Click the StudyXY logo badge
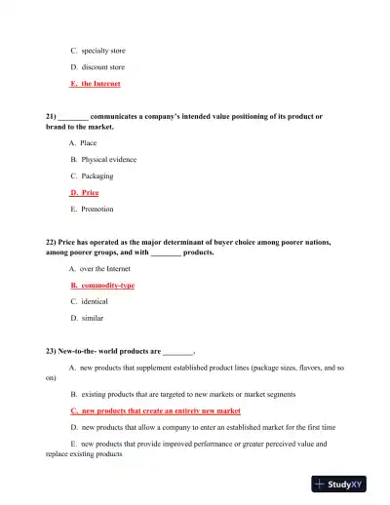tap(345, 483)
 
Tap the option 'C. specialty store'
tap(97, 50)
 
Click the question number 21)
tap(52, 117)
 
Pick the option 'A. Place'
tap(83, 143)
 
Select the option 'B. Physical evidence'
tap(103, 160)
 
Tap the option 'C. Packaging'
tap(92, 176)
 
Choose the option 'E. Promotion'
tap(92, 210)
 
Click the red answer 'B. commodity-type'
tap(102, 286)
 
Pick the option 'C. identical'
tap(89, 302)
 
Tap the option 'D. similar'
tap(87, 319)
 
